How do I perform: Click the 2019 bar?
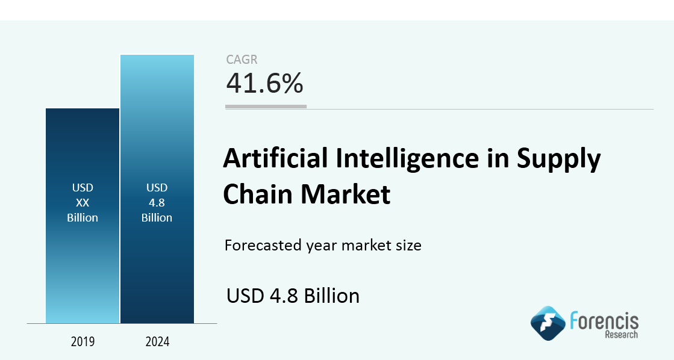(83, 216)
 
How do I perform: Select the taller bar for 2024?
(157, 189)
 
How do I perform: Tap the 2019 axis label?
(83, 342)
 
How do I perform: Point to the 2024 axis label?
(157, 342)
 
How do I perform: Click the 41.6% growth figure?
(265, 83)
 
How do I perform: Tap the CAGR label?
(242, 59)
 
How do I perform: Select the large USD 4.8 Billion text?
(293, 296)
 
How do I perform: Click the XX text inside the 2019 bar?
(83, 203)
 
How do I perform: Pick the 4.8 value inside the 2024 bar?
(157, 203)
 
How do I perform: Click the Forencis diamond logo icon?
(548, 323)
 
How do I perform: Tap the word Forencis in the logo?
(604, 321)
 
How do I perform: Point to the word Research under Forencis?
(622, 335)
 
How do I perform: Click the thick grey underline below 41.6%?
(266, 107)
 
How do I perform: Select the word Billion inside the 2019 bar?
(83, 218)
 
